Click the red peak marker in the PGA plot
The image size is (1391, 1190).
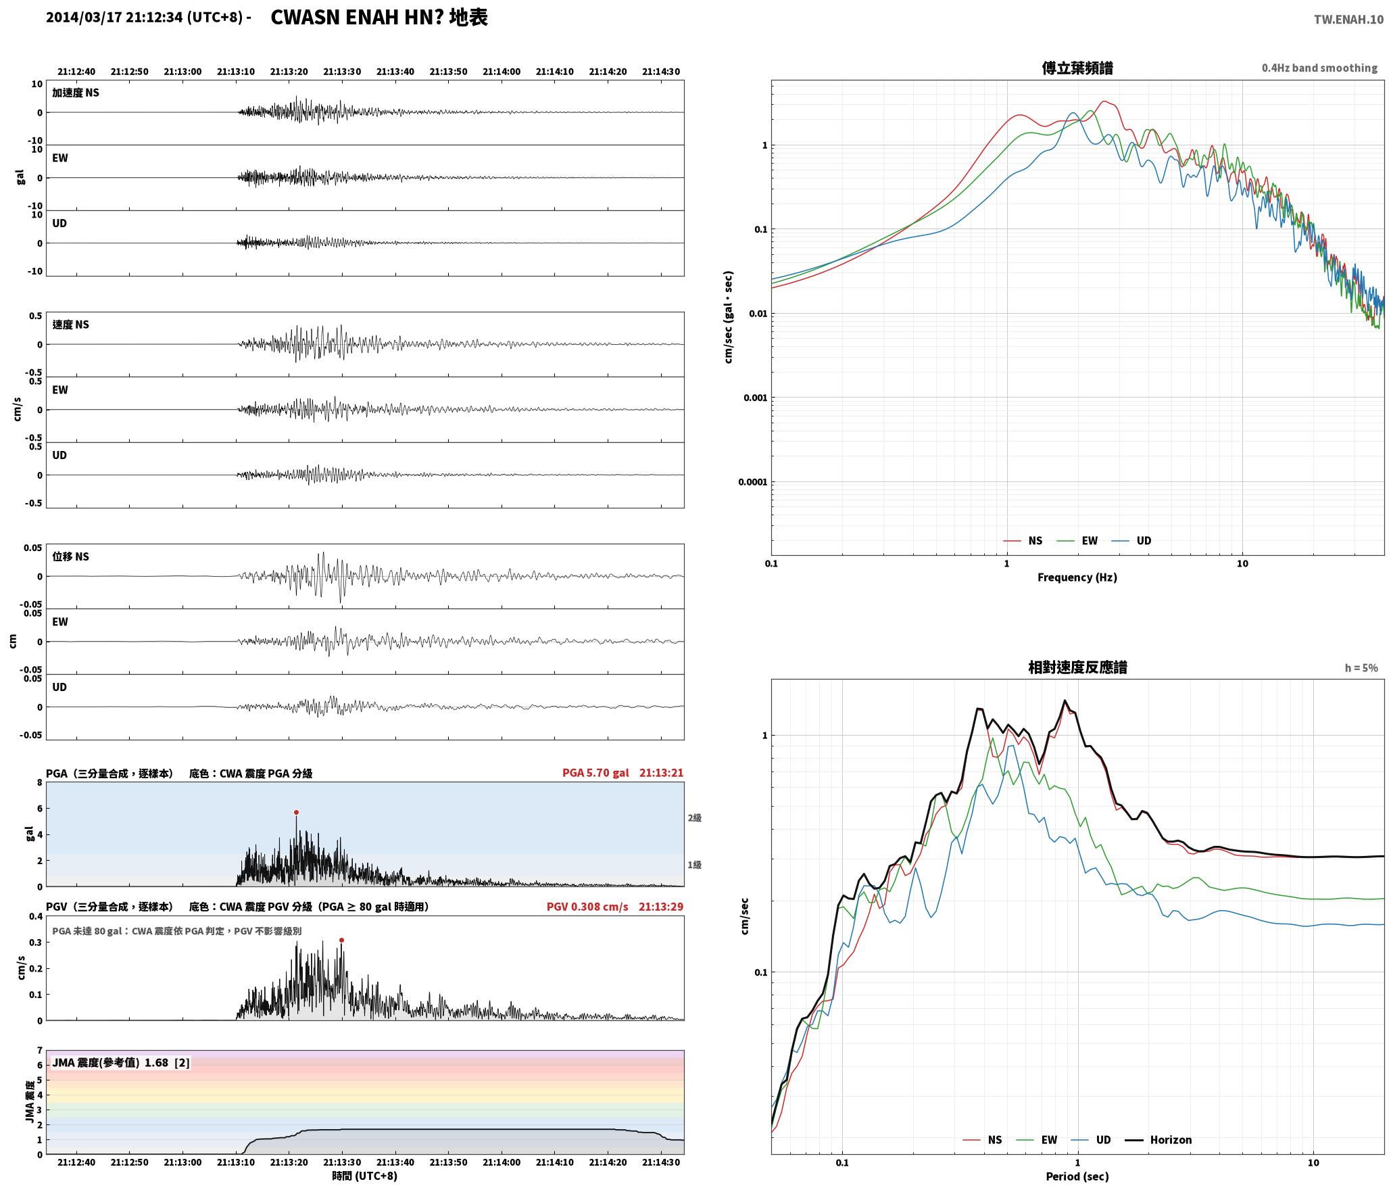(x=296, y=812)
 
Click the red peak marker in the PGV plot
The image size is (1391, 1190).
(x=341, y=940)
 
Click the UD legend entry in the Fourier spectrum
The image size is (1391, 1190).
(x=1131, y=541)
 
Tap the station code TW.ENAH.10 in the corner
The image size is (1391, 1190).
(x=1348, y=20)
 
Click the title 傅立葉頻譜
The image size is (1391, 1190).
(x=1077, y=68)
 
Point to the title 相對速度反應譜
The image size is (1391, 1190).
(x=1077, y=667)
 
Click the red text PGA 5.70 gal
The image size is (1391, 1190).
(x=595, y=773)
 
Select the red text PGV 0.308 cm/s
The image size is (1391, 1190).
(x=587, y=907)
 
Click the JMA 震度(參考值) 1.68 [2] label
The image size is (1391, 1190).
(x=121, y=1063)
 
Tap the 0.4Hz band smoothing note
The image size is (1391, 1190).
(x=1319, y=68)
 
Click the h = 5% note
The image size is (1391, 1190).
(x=1361, y=668)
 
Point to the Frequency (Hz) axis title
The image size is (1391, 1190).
(x=1077, y=577)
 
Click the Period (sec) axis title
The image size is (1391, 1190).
(x=1077, y=1176)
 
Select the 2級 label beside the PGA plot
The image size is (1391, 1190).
(x=695, y=818)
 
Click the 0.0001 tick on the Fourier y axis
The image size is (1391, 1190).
(x=752, y=482)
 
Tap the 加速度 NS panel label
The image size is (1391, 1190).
(x=76, y=93)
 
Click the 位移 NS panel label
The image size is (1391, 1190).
(x=71, y=556)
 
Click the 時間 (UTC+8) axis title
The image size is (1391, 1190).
(x=365, y=1176)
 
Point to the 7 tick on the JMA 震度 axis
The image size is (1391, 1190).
(x=40, y=1051)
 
